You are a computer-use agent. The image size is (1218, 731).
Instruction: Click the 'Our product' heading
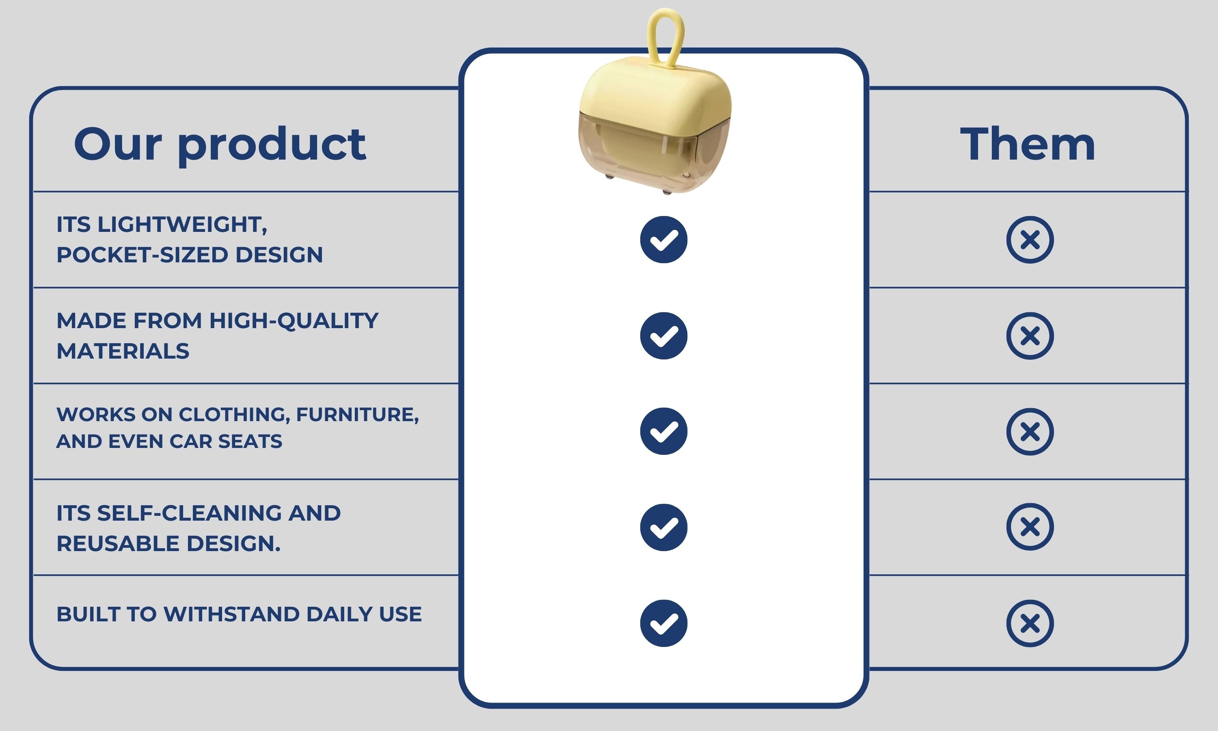click(220, 144)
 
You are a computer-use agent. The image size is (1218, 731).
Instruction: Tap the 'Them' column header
click(1028, 144)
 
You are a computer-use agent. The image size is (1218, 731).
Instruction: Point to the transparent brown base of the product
click(655, 153)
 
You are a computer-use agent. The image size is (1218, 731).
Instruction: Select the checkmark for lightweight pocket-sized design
click(664, 239)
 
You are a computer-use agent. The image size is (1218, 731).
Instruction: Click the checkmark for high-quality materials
click(664, 335)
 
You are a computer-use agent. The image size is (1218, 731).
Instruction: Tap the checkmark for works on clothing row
click(664, 431)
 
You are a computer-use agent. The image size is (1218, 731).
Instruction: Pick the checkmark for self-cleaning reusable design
click(664, 527)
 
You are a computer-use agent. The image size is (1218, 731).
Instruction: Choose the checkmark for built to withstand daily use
click(664, 623)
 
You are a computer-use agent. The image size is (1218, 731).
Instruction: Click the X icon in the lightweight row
click(1030, 239)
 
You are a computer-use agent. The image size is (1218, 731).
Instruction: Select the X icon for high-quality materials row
click(1030, 335)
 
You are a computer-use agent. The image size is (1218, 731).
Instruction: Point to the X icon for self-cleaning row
click(1030, 527)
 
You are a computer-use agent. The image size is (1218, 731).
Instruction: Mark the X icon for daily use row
click(1030, 623)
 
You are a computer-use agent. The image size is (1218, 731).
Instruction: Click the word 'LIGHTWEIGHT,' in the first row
click(183, 225)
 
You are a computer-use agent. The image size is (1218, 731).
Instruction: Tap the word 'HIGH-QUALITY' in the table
click(294, 321)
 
